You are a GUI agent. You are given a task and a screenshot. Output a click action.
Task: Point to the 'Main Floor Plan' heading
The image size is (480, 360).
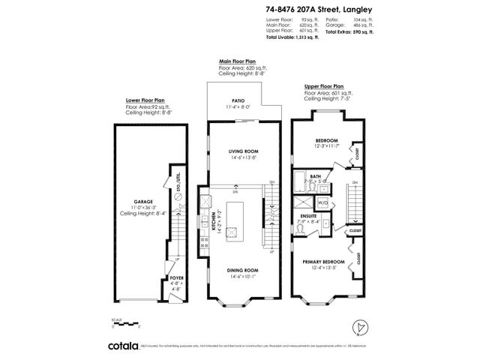point(238,61)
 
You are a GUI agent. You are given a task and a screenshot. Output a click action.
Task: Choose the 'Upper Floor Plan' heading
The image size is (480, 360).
point(325,86)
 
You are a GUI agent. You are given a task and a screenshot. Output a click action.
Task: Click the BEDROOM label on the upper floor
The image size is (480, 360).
point(325,140)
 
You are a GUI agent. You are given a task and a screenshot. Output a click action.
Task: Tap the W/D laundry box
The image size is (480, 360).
point(325,202)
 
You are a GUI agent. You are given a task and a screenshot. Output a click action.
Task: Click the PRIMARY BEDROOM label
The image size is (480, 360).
point(323,262)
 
